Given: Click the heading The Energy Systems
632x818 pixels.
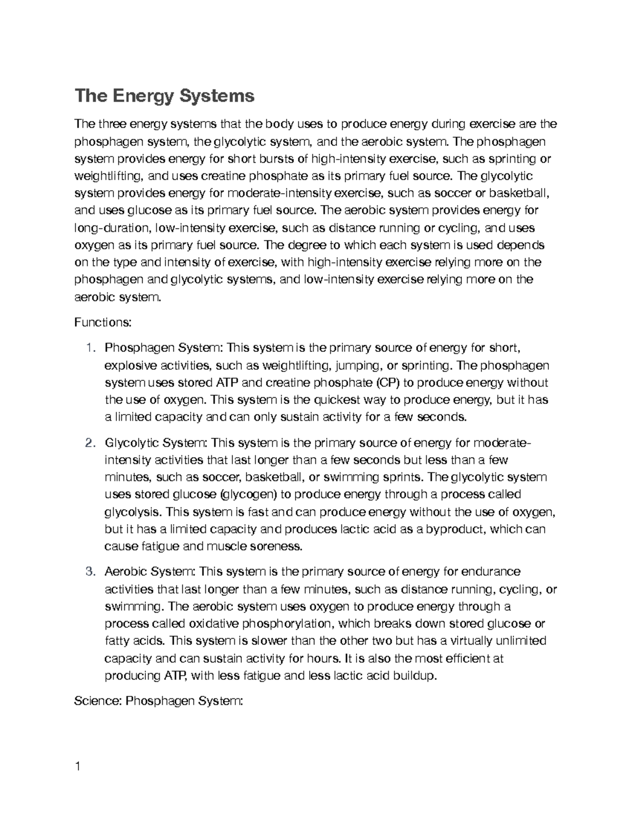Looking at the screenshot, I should click(164, 96).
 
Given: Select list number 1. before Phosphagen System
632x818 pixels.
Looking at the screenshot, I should click(91, 348).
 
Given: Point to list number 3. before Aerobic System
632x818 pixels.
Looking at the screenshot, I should click(91, 571).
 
